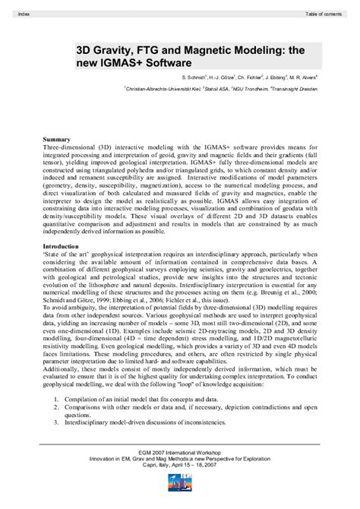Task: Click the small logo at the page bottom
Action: tap(179, 498)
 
